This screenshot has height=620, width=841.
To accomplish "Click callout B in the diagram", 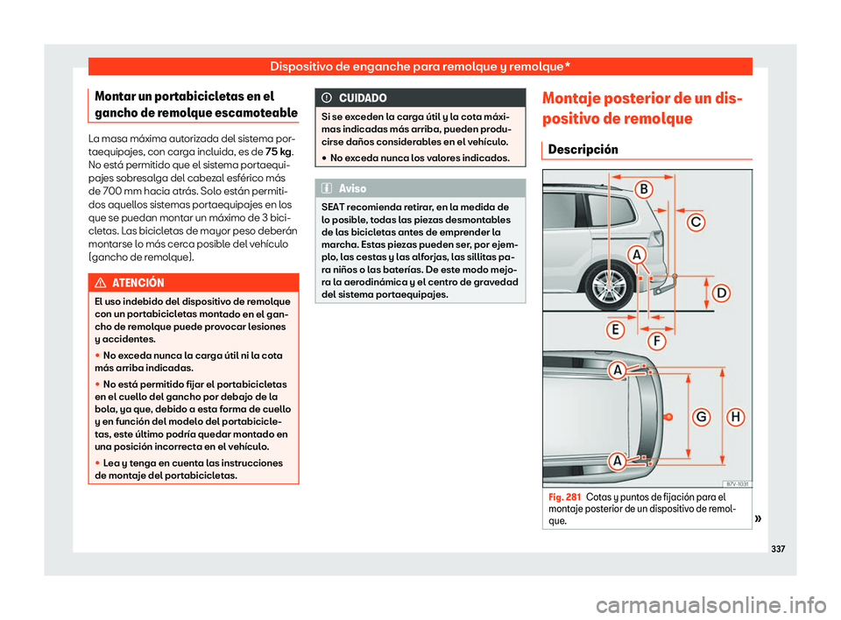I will (642, 189).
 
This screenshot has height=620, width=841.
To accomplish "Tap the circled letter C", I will (696, 222).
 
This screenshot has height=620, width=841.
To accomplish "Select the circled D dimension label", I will (720, 293).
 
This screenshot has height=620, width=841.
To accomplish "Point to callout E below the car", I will (616, 329).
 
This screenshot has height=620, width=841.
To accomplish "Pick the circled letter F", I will (654, 340).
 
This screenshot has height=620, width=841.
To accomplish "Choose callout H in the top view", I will (735, 417).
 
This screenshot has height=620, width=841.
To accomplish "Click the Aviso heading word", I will (351, 188).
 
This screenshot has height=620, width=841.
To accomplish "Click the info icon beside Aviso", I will (328, 188).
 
